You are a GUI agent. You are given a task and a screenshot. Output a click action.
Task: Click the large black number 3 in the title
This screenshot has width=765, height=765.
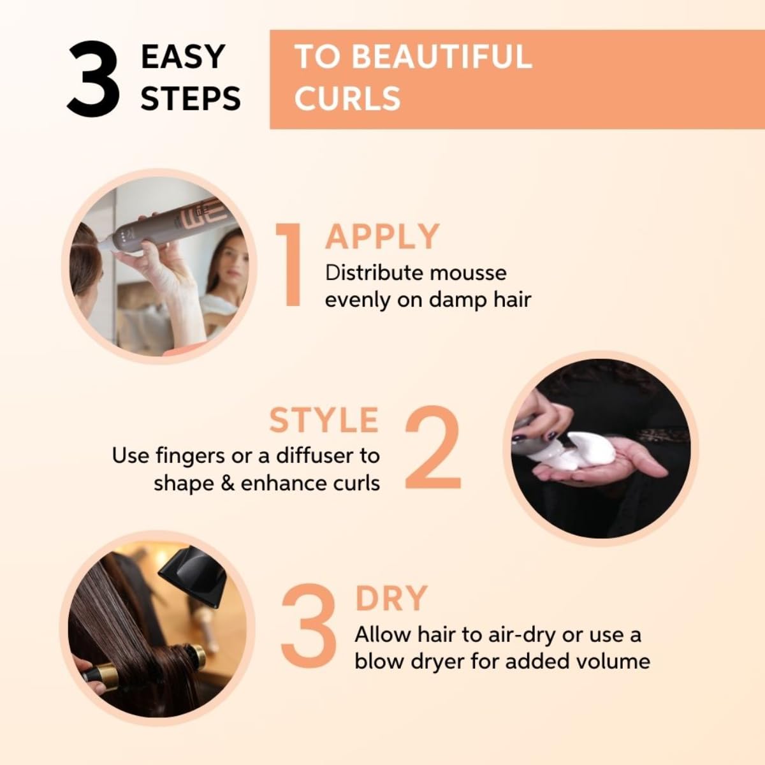click(x=94, y=78)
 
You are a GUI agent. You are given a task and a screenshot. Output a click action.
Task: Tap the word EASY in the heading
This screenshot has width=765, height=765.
click(x=183, y=57)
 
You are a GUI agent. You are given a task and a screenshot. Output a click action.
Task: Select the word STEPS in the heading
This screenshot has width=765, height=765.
click(x=191, y=98)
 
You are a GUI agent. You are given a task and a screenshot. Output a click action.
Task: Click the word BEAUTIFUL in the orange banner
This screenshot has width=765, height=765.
click(x=441, y=57)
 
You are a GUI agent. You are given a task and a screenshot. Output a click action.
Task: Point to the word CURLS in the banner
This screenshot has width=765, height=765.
click(x=347, y=98)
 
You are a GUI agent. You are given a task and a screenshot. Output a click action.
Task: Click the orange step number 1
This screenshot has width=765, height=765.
click(x=289, y=265)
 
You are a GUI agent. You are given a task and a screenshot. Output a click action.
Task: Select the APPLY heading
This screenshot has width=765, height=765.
click(x=382, y=237)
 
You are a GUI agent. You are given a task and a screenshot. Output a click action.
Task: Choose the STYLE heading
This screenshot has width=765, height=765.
click(x=324, y=420)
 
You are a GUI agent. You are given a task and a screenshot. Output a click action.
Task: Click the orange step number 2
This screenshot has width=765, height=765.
click(x=433, y=447)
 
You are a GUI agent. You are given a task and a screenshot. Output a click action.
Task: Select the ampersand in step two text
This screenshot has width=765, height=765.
click(x=228, y=483)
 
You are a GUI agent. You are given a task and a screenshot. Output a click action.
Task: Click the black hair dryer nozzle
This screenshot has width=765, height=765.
click(x=191, y=578)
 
